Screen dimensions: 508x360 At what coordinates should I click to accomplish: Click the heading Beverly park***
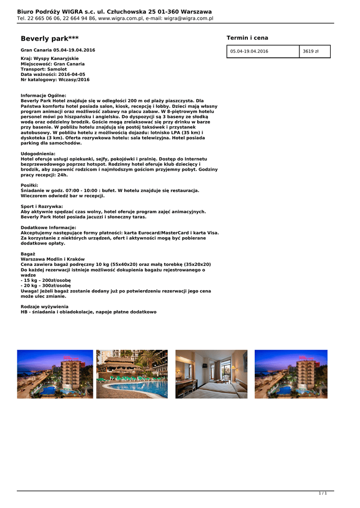[x=50, y=39]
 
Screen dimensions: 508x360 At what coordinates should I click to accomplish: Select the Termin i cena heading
[x=247, y=38]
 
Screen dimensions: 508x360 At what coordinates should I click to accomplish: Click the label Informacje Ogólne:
[x=43, y=95]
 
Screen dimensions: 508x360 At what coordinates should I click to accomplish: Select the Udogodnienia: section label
[x=38, y=154]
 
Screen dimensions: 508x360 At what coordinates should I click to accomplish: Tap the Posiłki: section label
[x=33, y=185]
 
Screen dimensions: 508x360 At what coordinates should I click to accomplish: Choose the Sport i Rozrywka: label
[x=42, y=206]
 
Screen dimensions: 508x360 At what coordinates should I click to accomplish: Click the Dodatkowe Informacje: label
[x=48, y=227]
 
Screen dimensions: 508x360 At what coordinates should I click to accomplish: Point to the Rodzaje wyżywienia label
[x=45, y=307]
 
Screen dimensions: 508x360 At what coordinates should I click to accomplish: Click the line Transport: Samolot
[x=44, y=69]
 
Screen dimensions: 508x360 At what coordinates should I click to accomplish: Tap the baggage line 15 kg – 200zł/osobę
[x=46, y=280]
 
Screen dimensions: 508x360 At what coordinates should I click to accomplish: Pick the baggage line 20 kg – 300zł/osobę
[x=46, y=286]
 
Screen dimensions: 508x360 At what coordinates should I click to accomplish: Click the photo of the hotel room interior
[x=211, y=374]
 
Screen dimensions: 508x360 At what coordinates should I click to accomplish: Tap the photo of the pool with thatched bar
[x=132, y=374]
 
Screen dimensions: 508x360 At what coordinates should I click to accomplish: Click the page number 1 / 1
[x=322, y=493]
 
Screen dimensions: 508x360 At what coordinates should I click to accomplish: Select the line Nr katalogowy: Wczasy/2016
[x=55, y=79]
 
